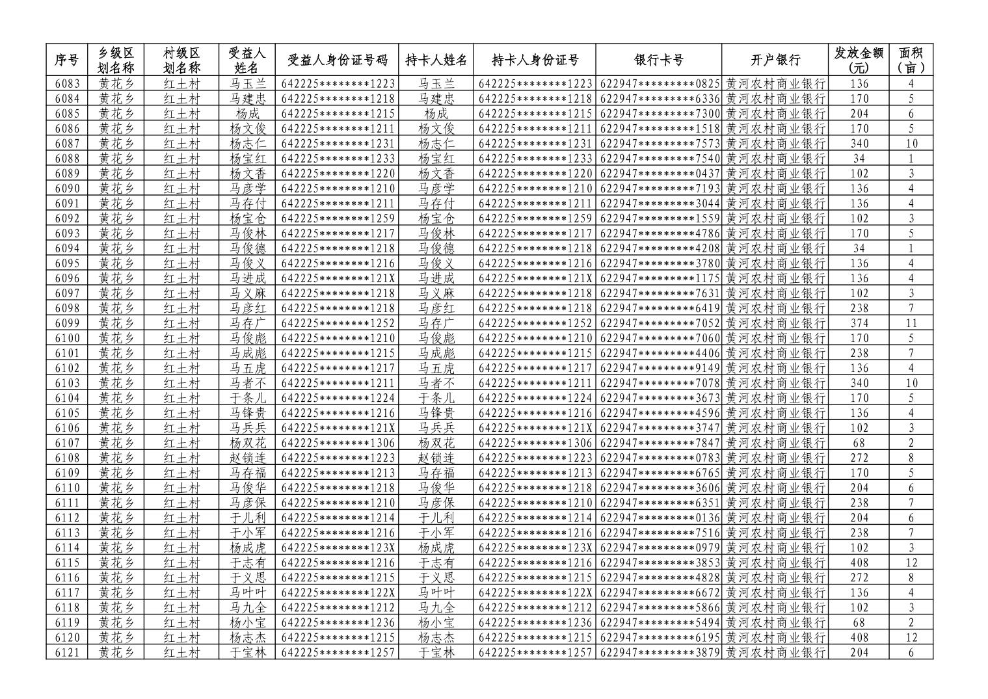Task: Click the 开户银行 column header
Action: (x=775, y=60)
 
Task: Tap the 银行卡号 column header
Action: (x=658, y=60)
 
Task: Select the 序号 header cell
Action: (x=67, y=60)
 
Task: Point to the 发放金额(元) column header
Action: (x=859, y=60)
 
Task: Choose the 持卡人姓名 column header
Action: (x=436, y=60)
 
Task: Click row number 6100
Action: (x=67, y=338)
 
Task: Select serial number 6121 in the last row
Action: (x=67, y=652)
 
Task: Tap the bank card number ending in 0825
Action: (x=658, y=84)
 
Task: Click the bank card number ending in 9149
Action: (x=658, y=368)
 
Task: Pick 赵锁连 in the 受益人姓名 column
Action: (x=248, y=458)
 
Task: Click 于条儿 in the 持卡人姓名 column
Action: (x=436, y=398)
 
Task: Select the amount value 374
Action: (x=859, y=323)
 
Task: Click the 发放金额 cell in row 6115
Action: (x=859, y=562)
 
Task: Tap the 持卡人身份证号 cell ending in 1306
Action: (x=535, y=443)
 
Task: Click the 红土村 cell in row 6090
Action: (x=181, y=189)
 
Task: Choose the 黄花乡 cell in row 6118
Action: (x=116, y=607)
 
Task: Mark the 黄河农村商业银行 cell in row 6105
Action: (x=775, y=413)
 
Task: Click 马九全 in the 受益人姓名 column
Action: (x=248, y=607)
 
